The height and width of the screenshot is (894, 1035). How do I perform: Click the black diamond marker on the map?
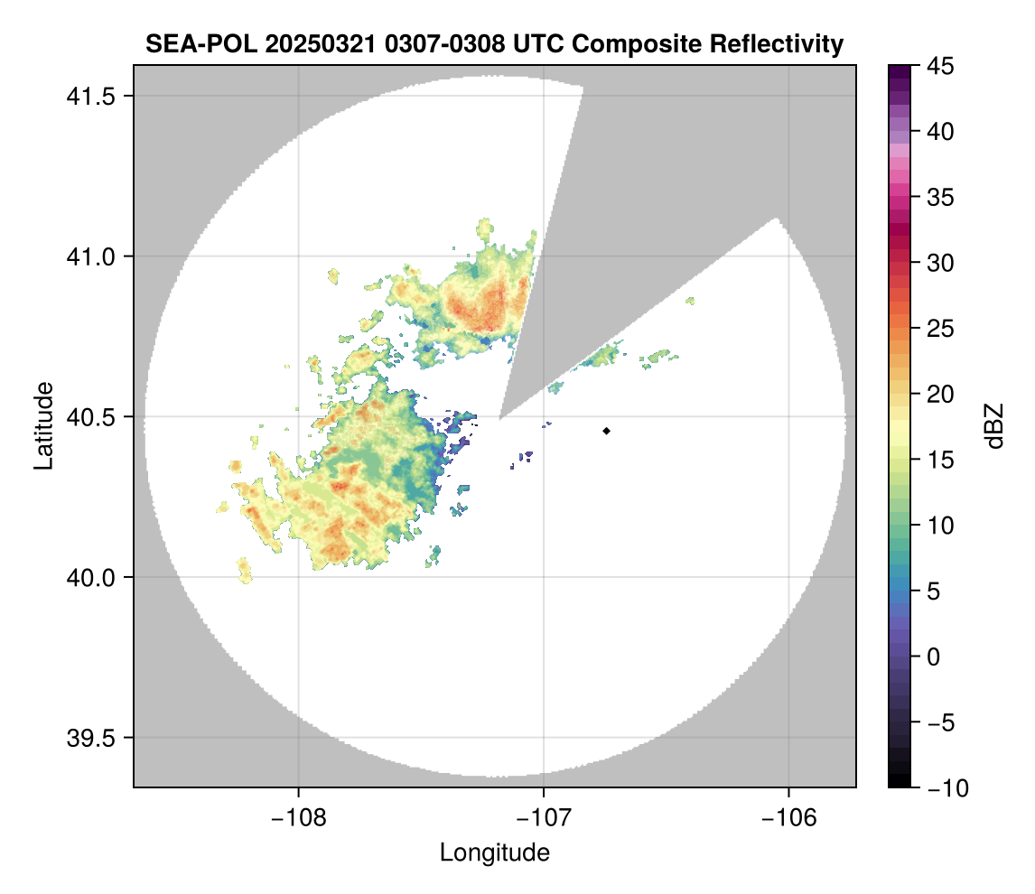pos(606,431)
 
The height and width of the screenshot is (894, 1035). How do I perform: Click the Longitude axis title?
pos(494,852)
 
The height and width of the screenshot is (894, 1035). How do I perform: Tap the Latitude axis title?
pos(43,425)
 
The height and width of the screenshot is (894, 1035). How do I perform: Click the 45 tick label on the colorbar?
pos(935,66)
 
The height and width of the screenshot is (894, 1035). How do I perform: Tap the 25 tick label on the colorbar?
pos(935,329)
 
